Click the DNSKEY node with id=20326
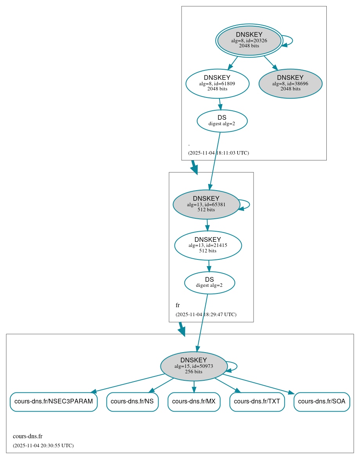[x=249, y=40]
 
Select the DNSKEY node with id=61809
[x=217, y=83]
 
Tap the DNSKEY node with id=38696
[x=290, y=83]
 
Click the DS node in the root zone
[x=222, y=121]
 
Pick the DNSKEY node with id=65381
[x=206, y=204]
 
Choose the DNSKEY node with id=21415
[x=208, y=245]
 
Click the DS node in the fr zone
[x=209, y=283]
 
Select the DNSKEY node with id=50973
[x=194, y=366]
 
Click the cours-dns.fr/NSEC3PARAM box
[x=54, y=401]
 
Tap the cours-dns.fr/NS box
[x=132, y=401]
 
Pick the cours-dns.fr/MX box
[x=194, y=401]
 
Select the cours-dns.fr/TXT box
[x=257, y=401]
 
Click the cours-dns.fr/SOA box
[x=322, y=401]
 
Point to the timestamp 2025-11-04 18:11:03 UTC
[x=218, y=153]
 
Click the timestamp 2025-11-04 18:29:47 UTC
[x=206, y=315]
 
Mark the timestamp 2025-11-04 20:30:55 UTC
[x=43, y=446]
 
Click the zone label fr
[x=178, y=305]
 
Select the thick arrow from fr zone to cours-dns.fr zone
[x=182, y=329]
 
